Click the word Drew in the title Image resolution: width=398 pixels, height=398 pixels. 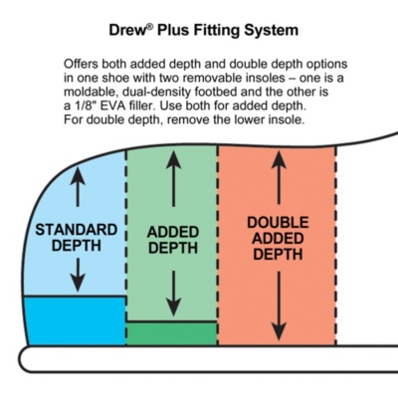pos(127,30)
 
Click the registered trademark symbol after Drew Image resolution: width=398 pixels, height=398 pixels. pos(150,27)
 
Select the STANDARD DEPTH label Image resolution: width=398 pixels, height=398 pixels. pos(77,238)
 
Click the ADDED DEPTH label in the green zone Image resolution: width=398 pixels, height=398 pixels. pos(173,240)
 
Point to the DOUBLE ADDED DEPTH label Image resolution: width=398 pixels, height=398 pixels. pos(278,238)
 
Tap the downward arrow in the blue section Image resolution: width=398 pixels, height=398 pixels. pos(78,275)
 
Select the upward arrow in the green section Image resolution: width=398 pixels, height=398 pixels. pos(173,179)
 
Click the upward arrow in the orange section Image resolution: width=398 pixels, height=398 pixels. pos(279,178)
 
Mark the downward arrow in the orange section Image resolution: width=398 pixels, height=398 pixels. pos(279,305)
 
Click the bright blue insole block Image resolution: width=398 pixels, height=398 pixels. pos(76,321)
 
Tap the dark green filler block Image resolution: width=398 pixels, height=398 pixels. pos(172,333)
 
